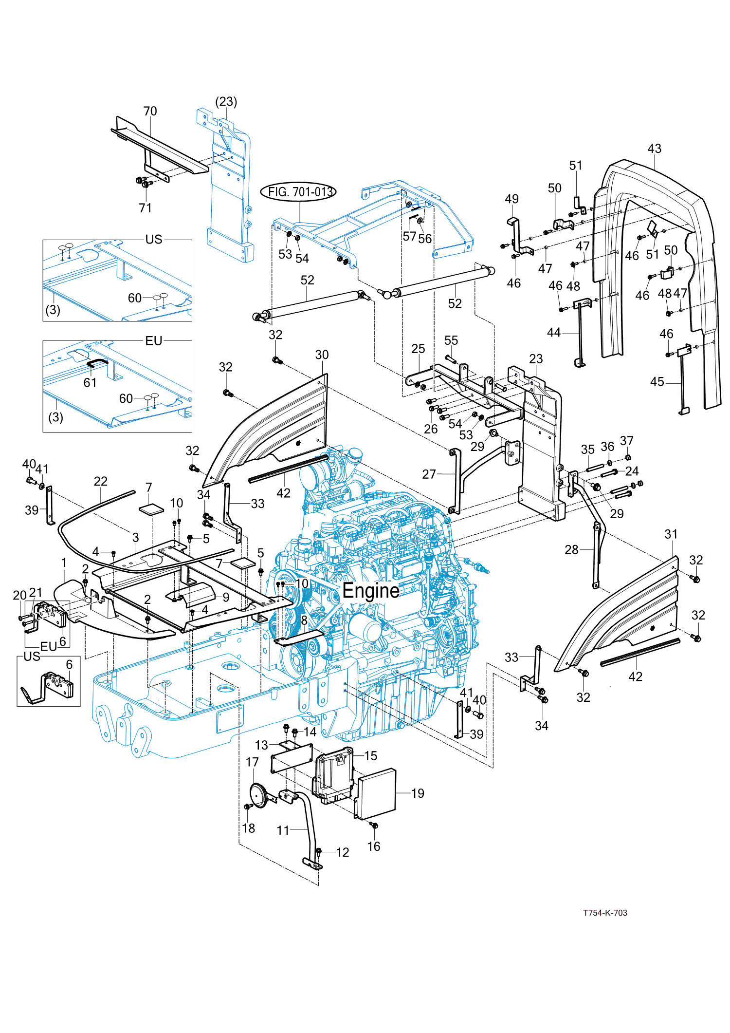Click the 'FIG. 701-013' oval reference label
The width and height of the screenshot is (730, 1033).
click(x=299, y=192)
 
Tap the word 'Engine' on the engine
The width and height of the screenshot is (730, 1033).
click(x=371, y=590)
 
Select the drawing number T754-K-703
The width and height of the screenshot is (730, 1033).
click(x=605, y=913)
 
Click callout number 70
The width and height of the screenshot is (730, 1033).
click(x=150, y=112)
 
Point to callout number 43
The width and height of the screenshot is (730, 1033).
click(x=655, y=149)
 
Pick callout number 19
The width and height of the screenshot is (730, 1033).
click(x=418, y=793)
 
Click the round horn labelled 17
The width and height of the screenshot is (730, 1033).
click(x=258, y=795)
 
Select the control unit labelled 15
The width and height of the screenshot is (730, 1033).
click(x=332, y=774)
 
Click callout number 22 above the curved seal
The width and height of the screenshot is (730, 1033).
click(x=100, y=482)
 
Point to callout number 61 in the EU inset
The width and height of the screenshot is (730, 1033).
click(x=90, y=383)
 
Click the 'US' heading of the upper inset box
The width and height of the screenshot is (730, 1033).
click(x=154, y=240)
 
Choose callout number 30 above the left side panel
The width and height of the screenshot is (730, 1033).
click(x=322, y=355)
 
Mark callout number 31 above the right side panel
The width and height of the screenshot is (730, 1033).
click(x=671, y=534)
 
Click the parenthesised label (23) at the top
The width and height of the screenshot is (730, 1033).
click(x=226, y=102)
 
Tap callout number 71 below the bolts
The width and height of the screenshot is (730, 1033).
click(x=145, y=208)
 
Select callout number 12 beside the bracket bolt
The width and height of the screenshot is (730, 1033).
click(x=343, y=852)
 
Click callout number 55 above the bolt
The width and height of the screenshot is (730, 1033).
click(x=451, y=340)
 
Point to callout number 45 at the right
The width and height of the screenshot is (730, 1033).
click(x=657, y=382)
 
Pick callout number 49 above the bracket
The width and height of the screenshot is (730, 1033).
click(x=511, y=199)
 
